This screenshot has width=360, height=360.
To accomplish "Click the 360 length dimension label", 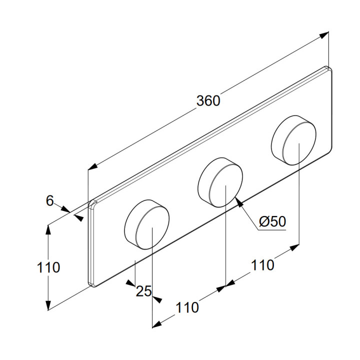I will click(208, 100).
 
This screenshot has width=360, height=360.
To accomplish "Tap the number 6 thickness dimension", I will click(49, 200).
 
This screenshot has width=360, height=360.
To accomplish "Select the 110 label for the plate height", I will click(48, 267).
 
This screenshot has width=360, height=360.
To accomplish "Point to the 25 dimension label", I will click(143, 291).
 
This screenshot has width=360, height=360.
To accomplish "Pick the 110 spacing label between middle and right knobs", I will click(262, 264).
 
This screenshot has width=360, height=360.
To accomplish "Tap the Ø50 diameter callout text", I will click(273, 221).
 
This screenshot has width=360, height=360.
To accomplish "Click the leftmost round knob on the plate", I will click(146, 223).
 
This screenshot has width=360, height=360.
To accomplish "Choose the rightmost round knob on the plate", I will click(294, 138).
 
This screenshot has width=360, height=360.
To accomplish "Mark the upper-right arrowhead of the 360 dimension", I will click(325, 34).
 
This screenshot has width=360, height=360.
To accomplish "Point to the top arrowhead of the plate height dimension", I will click(48, 228).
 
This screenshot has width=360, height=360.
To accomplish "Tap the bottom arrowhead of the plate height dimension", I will click(48, 306).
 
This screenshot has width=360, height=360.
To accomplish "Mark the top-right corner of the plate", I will click(328, 68).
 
